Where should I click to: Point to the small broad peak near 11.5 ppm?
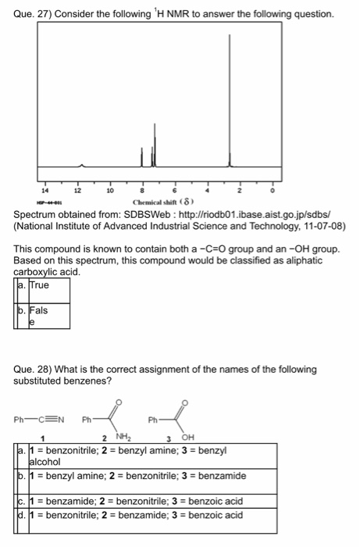[x=83, y=165]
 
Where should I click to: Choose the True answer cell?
[x=41, y=285]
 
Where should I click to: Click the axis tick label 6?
[x=173, y=189]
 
